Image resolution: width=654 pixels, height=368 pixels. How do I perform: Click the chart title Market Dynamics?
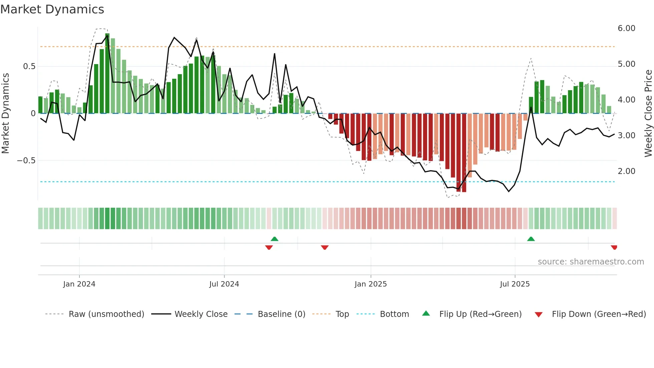(52, 9)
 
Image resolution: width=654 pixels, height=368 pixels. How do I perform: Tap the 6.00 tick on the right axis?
(626, 28)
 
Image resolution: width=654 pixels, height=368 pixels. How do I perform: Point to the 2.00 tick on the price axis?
(626, 171)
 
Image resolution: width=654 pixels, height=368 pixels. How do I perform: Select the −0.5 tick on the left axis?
(26, 161)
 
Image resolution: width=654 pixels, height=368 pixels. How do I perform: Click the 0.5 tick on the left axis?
(29, 66)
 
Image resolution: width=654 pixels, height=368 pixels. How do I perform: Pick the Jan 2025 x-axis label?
(370, 284)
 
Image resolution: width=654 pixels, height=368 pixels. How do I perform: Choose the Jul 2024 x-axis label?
(224, 284)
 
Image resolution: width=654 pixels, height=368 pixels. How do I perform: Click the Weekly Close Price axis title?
(648, 114)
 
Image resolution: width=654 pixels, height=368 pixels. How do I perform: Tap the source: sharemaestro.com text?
(591, 262)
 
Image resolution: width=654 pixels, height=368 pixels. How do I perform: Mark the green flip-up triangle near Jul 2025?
(531, 239)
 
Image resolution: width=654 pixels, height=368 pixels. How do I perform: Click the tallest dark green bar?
(107, 73)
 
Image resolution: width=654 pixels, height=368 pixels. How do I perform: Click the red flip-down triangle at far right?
(614, 247)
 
